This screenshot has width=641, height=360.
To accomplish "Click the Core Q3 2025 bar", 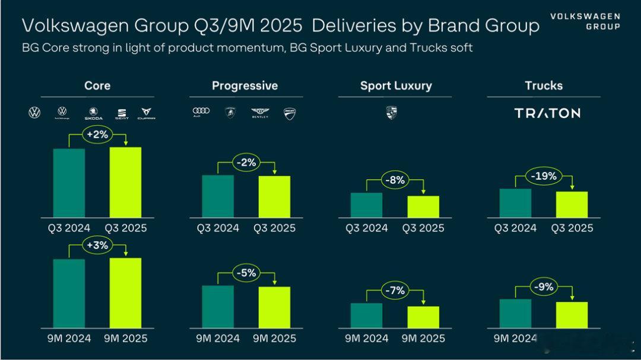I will (x=125, y=182).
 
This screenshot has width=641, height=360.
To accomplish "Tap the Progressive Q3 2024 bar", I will (x=218, y=196).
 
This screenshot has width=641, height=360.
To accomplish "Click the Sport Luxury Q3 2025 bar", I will (x=423, y=206).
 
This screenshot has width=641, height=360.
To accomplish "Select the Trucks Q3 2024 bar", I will (x=515, y=203).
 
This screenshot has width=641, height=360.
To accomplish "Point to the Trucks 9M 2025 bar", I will (x=572, y=315).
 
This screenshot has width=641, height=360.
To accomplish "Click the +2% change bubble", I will (x=97, y=135).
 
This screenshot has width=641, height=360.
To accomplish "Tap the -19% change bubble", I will (x=544, y=176).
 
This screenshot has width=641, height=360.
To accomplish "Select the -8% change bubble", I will (x=395, y=180).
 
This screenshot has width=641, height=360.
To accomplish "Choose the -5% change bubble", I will (x=246, y=273).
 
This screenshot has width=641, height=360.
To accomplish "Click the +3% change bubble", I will (x=97, y=246).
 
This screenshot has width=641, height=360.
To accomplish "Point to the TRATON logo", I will (x=547, y=113).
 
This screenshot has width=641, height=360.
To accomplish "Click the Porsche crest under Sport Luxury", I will (x=391, y=113).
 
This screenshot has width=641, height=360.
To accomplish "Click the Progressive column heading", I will (x=245, y=86).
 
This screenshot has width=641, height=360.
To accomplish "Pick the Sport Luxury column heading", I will (x=396, y=86).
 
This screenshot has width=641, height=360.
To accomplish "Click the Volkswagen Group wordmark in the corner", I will (x=585, y=21).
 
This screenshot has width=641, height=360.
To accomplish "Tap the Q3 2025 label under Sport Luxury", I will (x=423, y=228).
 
